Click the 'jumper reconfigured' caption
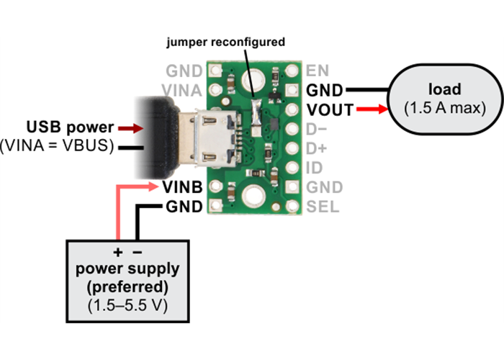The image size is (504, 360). [x=225, y=42]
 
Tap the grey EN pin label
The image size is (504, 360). [x=317, y=71]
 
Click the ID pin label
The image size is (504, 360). [x=314, y=168]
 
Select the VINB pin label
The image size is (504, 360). [x=183, y=188]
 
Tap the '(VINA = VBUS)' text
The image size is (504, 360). [x=58, y=147]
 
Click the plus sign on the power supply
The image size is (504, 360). [x=118, y=253]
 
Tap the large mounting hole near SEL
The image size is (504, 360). [x=253, y=194]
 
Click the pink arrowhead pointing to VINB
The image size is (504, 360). [x=153, y=188]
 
